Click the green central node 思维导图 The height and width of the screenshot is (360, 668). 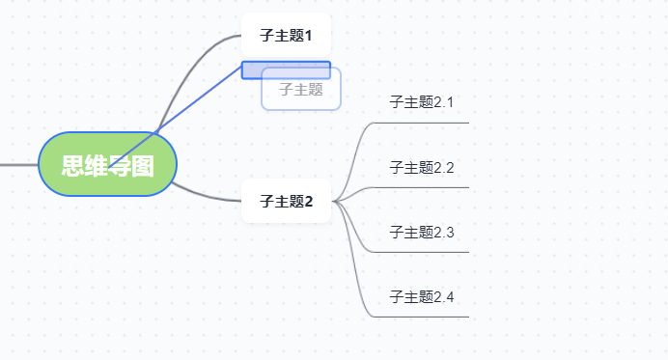(108, 164)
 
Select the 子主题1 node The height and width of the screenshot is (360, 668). (286, 36)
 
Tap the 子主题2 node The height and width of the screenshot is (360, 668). (286, 201)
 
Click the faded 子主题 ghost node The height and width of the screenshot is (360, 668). (301, 90)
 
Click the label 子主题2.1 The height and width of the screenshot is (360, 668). (421, 101)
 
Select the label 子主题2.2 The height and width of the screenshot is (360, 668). (421, 167)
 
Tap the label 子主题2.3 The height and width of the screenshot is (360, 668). (421, 232)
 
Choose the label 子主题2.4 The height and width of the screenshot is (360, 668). (421, 296)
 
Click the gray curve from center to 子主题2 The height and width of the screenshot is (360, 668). (208, 194)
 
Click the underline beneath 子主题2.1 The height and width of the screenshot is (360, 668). (425, 123)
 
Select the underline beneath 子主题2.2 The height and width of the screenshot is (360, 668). (425, 187)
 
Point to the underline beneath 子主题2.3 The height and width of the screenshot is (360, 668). (425, 252)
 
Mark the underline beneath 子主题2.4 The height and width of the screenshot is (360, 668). (425, 317)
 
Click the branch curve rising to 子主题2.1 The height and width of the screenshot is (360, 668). (356, 145)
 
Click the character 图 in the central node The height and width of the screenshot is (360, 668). (143, 165)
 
